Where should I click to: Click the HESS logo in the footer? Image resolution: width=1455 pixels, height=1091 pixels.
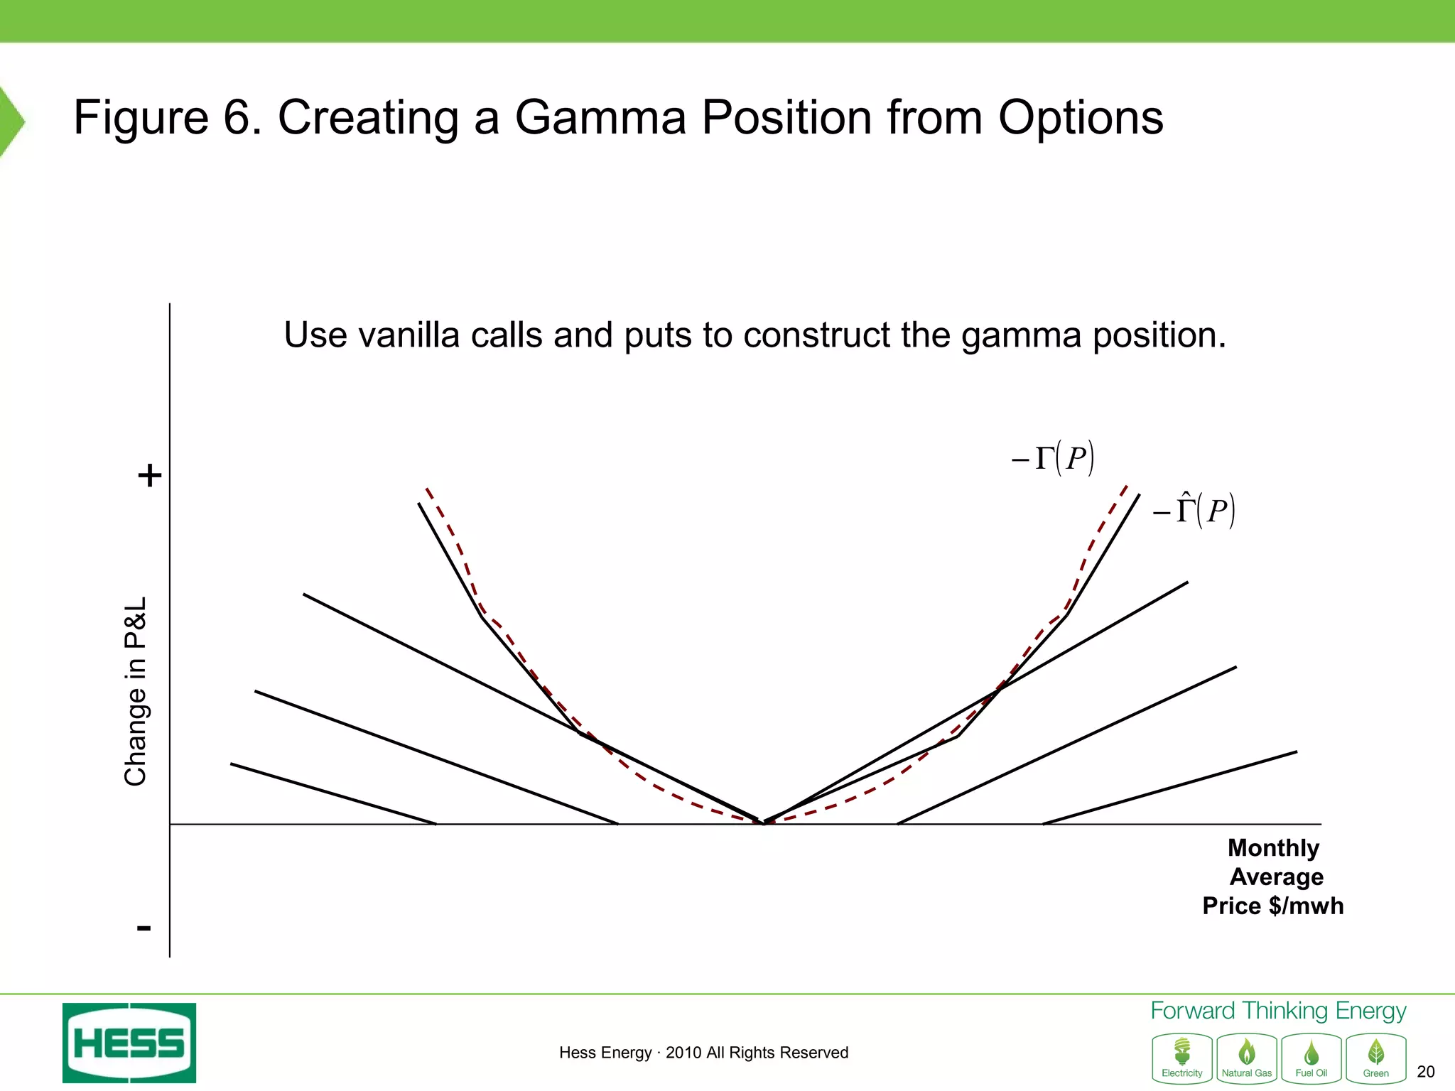point(129,1043)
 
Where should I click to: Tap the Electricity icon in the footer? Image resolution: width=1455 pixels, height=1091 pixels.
point(1181,1058)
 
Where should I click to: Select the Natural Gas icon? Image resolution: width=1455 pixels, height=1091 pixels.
point(1246,1058)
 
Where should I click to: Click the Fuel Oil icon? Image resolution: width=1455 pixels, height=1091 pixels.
point(1311,1058)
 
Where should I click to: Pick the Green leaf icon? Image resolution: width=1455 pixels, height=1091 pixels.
point(1375,1058)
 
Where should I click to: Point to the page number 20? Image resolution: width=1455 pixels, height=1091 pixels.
point(1425,1072)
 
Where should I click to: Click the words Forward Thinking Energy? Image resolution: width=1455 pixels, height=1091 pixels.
point(1277,1011)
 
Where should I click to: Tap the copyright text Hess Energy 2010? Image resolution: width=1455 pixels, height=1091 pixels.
point(703,1053)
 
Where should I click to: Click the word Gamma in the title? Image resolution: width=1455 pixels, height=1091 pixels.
point(600,117)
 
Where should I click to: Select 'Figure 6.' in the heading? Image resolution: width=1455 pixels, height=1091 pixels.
point(168,117)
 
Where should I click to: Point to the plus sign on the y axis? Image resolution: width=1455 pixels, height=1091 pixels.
point(149,474)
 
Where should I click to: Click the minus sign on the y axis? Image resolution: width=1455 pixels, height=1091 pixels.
point(144,928)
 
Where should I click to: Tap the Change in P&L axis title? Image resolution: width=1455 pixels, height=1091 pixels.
point(135,691)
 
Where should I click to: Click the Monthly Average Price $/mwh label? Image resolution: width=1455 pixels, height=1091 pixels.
point(1274,877)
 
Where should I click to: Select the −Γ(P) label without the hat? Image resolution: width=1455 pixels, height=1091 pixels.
point(1053,458)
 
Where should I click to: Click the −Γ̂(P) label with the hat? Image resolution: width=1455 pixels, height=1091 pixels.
point(1194,511)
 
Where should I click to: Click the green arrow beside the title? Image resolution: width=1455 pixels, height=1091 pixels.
point(11,121)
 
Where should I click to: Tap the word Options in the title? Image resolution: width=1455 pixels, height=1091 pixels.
point(1081,117)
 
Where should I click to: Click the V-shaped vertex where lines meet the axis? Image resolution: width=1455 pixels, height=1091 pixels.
point(764,823)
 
